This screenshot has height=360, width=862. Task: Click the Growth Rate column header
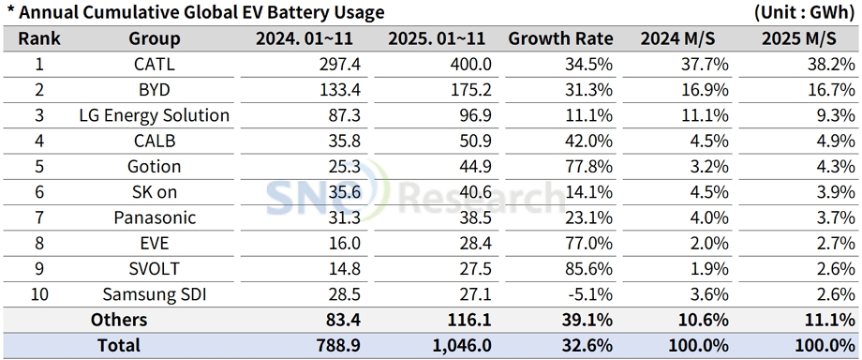pyautogui.click(x=560, y=38)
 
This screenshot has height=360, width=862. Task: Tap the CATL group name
pyautogui.click(x=155, y=65)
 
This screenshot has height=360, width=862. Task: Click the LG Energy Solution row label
pyautogui.click(x=155, y=115)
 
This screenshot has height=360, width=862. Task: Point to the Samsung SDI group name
pyautogui.click(x=155, y=293)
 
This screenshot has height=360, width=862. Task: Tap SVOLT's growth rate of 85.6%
pyautogui.click(x=589, y=268)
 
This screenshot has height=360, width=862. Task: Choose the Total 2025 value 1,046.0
pyautogui.click(x=461, y=345)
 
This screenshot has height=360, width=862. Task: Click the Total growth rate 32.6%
pyautogui.click(x=589, y=345)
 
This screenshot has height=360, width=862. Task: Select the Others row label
pyautogui.click(x=119, y=320)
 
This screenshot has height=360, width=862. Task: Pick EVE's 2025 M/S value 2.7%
pyautogui.click(x=832, y=243)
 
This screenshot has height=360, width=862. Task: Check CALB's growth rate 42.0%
pyautogui.click(x=589, y=141)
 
